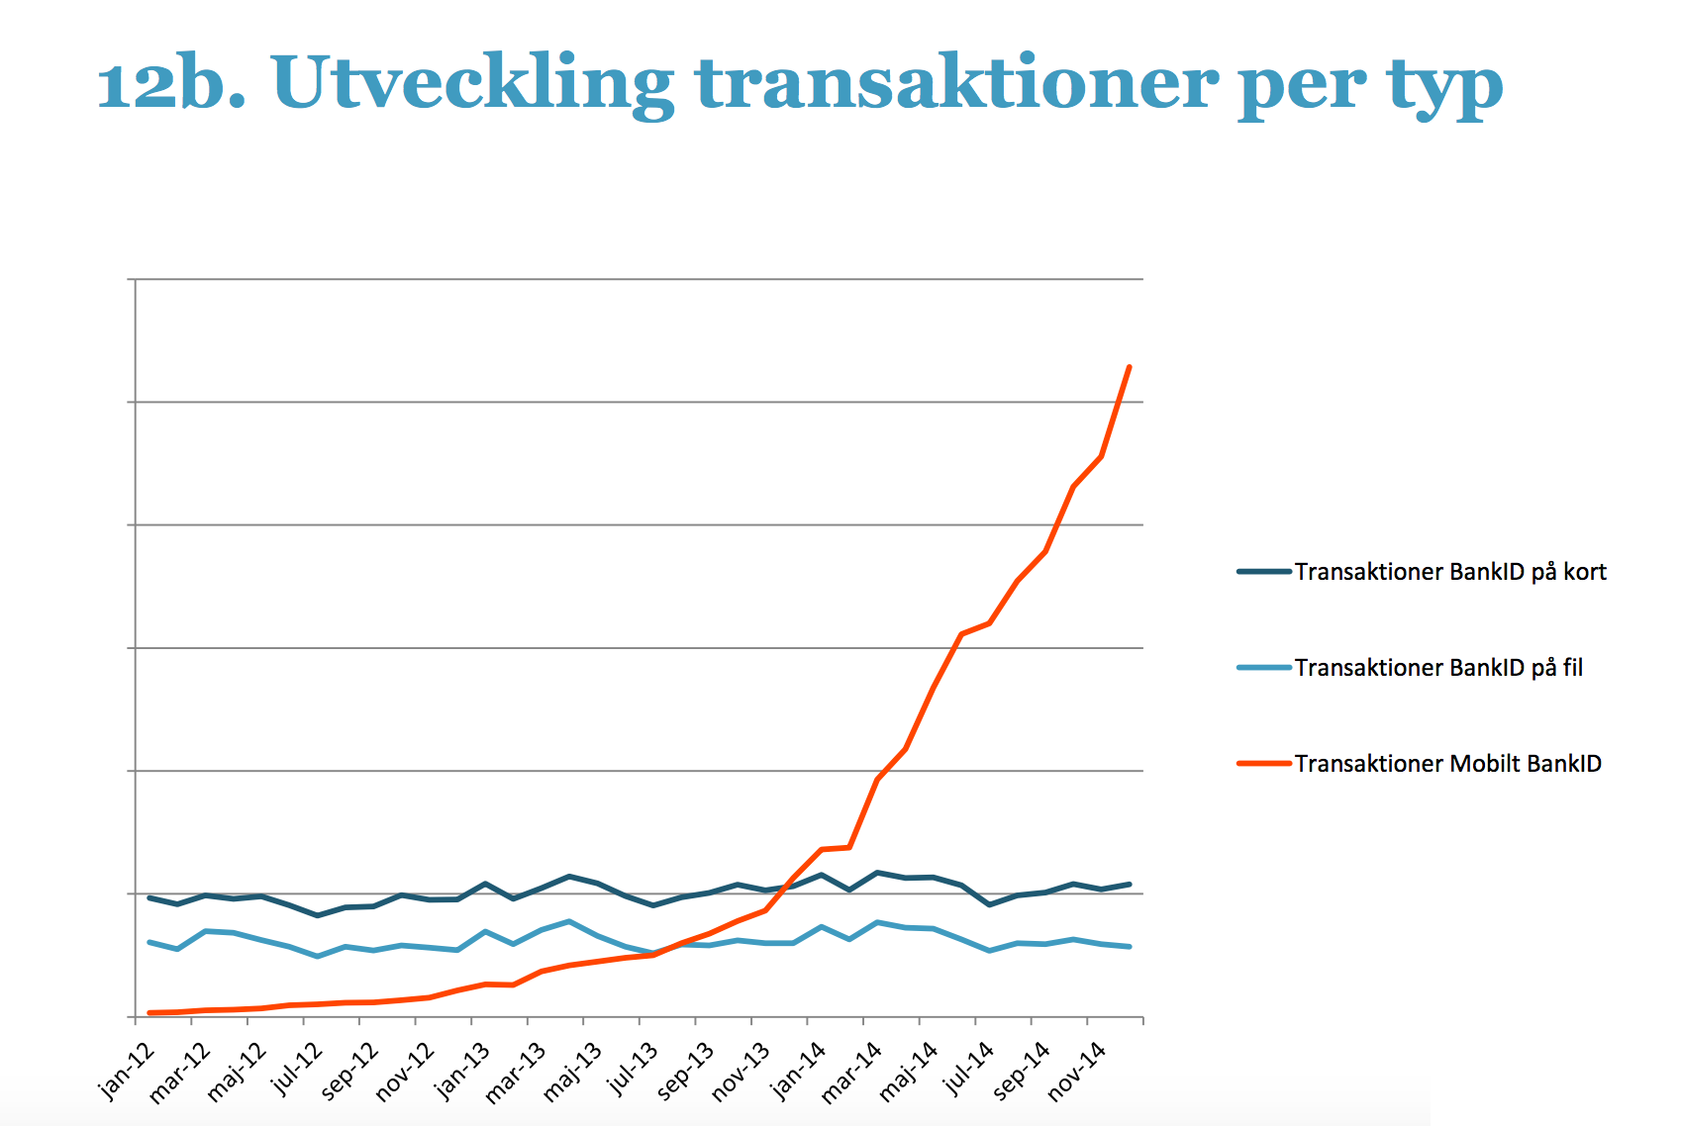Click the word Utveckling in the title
pos(472,83)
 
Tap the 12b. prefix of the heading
pos(171,83)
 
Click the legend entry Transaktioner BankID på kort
pos(1449,572)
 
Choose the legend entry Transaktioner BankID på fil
pos(1437,668)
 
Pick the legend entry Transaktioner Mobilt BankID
pos(1447,764)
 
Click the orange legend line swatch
pos(1264,764)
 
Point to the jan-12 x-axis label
pos(128,1071)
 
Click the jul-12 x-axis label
pos(297,1069)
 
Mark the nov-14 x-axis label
pos(1076,1072)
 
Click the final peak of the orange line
pos(1130,367)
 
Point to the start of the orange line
pos(149,1012)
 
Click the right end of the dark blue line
pos(1130,884)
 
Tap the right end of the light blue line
pos(1130,947)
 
